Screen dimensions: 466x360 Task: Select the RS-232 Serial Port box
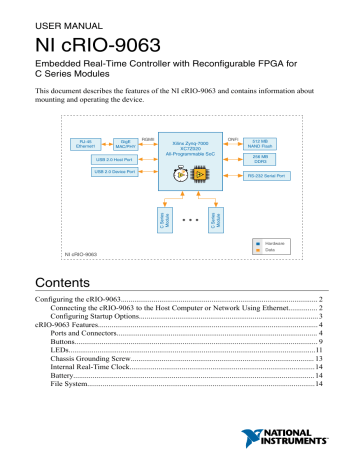point(275,176)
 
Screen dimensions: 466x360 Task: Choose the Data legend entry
point(272,253)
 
